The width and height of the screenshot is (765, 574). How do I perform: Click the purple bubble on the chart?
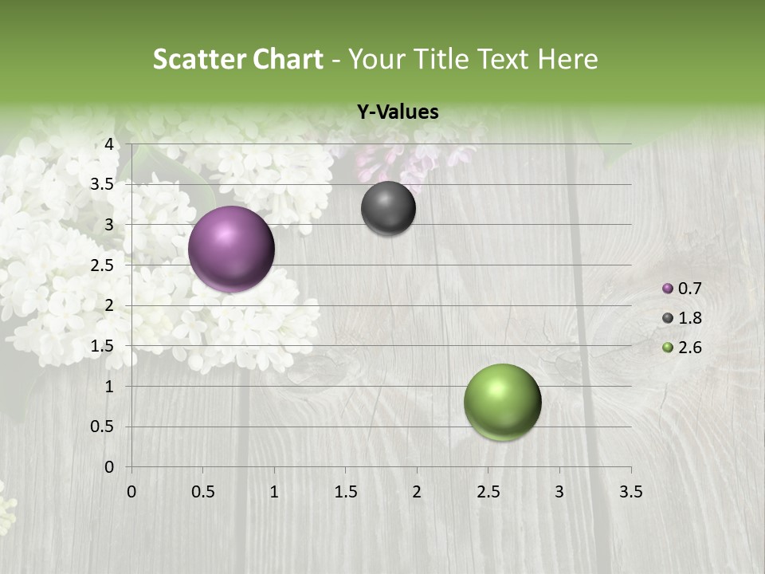[x=232, y=249]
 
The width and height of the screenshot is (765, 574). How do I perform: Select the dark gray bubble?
[x=388, y=208]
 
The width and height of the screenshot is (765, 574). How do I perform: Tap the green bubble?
[x=502, y=402]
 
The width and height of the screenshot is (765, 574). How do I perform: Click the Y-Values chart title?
[x=398, y=112]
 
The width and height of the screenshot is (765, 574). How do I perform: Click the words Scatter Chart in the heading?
[x=237, y=59]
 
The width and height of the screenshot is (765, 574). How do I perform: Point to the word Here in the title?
[x=567, y=59]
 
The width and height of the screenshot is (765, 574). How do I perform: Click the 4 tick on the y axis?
[x=109, y=144]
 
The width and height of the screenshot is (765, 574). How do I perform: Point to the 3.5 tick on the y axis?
[x=103, y=185]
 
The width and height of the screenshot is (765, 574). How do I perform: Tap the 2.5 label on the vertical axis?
[x=103, y=265]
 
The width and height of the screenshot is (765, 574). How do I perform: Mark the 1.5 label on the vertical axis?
[x=103, y=346]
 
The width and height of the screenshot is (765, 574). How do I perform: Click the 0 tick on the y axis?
[x=109, y=467]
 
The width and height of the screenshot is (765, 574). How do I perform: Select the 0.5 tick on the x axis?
[x=203, y=492]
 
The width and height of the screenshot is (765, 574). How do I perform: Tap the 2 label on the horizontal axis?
[x=417, y=492]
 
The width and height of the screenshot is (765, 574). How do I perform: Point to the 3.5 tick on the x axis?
[x=630, y=492]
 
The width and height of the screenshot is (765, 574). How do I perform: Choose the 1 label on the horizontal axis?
[x=274, y=492]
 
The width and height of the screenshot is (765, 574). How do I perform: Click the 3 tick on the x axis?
[x=559, y=492]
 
